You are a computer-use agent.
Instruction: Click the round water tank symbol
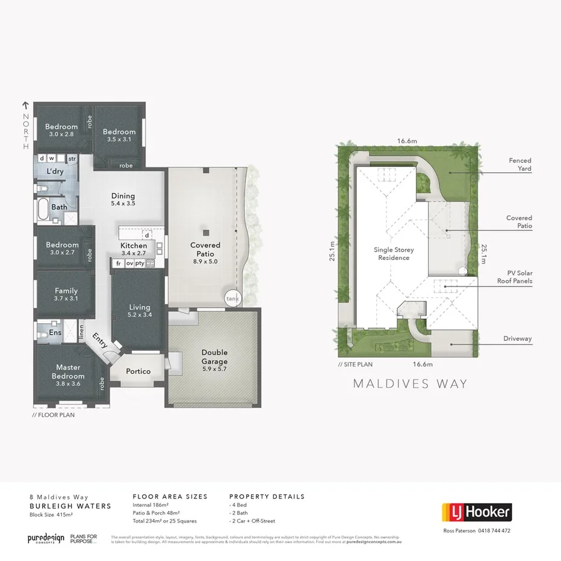coord(232,298)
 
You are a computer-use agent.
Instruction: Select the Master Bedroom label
coord(68,371)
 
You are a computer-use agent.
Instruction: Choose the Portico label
coord(138,371)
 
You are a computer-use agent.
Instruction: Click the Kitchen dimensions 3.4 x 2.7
coord(134,254)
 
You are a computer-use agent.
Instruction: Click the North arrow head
coord(25,105)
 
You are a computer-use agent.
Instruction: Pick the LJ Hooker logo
coord(477,513)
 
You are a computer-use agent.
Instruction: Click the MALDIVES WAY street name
coord(410,383)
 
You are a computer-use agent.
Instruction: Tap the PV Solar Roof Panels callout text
coord(515,277)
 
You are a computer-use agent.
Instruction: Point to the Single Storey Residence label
coord(394,253)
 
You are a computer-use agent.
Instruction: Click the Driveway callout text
coord(518,339)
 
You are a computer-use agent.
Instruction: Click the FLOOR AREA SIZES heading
coord(170,497)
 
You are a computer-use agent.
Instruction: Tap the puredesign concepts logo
coord(45,538)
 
